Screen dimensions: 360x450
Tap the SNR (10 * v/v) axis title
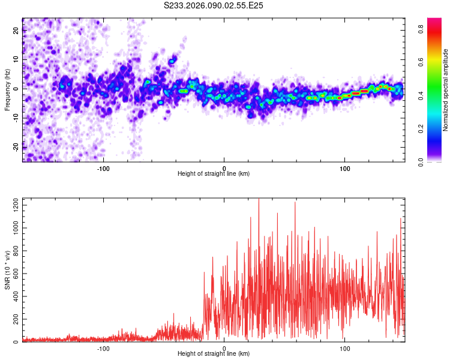click(7, 270)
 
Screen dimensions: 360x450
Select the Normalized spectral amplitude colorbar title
click(446, 90)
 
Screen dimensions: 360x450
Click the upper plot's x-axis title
click(214, 173)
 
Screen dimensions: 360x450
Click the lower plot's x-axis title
click(214, 353)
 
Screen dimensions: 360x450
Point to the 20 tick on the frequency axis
click(16, 32)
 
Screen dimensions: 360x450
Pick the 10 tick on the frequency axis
click(16, 60)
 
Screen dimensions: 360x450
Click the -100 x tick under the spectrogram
click(103, 167)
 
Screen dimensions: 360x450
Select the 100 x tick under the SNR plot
click(345, 347)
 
